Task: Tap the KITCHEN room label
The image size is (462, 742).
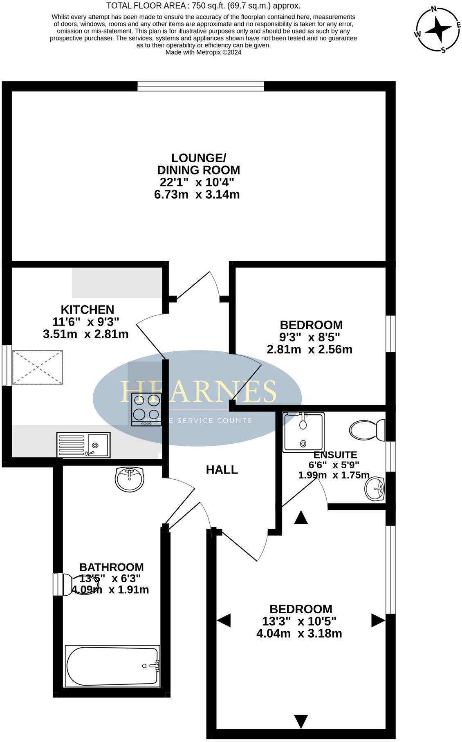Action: click(87, 309)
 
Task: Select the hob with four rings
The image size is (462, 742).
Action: click(146, 409)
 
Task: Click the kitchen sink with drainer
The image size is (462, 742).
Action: click(83, 445)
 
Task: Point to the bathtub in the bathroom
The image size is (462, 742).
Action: click(112, 666)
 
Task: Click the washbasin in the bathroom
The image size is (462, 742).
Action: click(130, 480)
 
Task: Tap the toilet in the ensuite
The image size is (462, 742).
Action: click(367, 430)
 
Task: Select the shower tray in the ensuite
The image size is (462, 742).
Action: click(303, 432)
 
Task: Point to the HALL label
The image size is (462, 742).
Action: click(222, 470)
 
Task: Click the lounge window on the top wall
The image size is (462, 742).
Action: click(201, 86)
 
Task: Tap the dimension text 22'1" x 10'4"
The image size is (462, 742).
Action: click(197, 182)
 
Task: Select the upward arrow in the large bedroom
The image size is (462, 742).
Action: click(301, 518)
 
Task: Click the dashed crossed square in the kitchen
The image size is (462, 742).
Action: click(37, 367)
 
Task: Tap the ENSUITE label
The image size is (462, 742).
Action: click(335, 455)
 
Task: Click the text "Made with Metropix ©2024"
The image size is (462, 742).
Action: click(203, 52)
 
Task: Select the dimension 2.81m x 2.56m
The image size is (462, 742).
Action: click(309, 349)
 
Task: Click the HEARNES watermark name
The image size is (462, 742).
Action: click(198, 391)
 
